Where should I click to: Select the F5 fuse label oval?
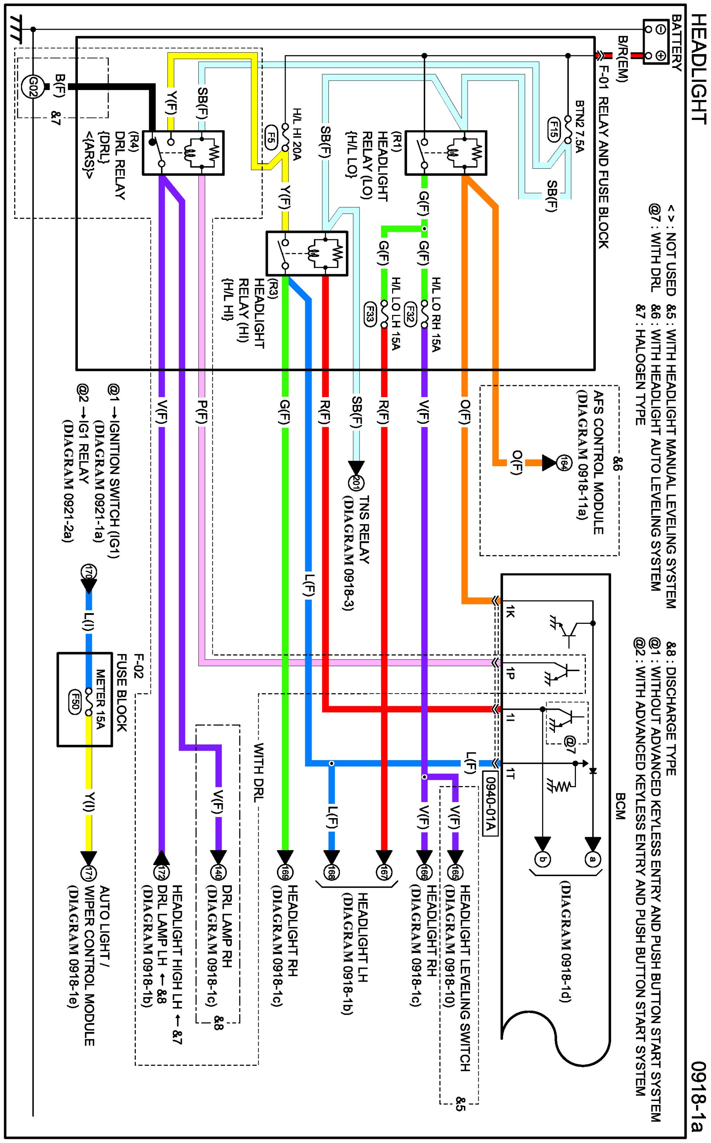click(x=271, y=134)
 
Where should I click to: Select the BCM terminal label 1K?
click(x=511, y=612)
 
